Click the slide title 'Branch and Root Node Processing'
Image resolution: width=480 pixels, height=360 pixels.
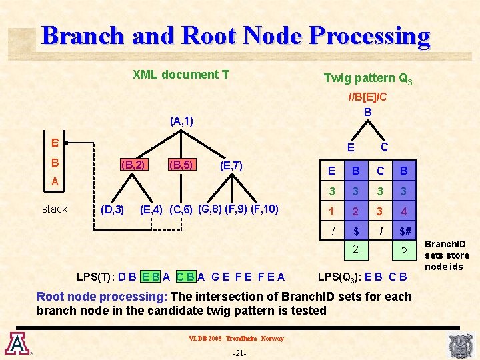tap(235, 35)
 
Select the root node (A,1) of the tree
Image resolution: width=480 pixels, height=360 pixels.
tap(181, 121)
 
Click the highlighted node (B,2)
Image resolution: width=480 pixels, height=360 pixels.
tap(133, 165)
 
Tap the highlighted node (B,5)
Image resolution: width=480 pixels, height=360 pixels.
tap(181, 165)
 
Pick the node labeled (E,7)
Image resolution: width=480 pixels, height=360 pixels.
tap(230, 165)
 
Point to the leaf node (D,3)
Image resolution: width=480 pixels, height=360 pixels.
tap(111, 210)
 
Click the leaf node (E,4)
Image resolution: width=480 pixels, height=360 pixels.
tap(153, 210)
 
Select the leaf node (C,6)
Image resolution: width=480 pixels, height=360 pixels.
tap(181, 210)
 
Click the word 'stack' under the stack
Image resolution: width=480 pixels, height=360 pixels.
tap(55, 209)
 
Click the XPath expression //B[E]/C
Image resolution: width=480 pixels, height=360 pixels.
tap(367, 97)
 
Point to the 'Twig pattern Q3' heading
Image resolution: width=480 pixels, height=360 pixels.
tap(367, 79)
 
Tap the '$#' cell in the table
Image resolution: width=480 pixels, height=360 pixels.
tap(405, 231)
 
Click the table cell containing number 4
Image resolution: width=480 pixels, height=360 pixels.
tap(405, 212)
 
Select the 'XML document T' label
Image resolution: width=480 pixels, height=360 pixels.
tap(181, 75)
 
